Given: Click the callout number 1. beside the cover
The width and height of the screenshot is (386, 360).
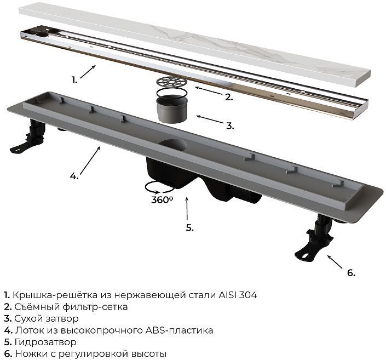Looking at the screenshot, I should pos(74,80).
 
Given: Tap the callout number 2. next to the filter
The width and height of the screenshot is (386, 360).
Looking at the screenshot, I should pos(228,97).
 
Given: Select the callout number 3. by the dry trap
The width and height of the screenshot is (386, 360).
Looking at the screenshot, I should pos(230,125).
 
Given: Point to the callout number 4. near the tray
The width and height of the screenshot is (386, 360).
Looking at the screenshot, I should pos(74,176).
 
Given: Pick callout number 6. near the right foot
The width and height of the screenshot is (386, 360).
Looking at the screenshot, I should pos(351,272).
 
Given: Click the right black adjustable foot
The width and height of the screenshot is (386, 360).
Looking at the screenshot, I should pos(314,244).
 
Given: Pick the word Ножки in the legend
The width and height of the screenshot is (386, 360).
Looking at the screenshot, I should pos(28,354).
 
